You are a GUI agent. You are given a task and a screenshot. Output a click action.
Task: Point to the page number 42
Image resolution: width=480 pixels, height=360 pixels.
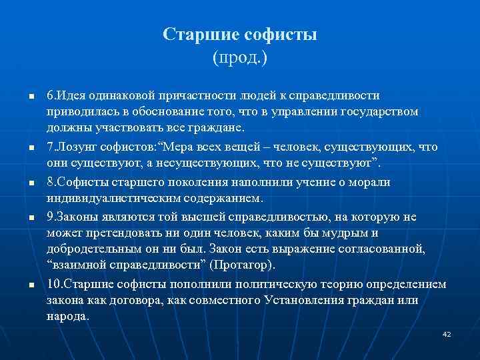pyautogui.click(x=447, y=333)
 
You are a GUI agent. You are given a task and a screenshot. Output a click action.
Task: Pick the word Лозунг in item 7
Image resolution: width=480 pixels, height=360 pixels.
pyautogui.click(x=83, y=146)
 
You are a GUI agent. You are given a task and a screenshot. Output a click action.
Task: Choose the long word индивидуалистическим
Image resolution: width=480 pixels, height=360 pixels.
pyautogui.click(x=107, y=198)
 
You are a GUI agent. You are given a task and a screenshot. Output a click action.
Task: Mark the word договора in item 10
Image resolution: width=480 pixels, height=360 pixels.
pyautogui.click(x=129, y=300)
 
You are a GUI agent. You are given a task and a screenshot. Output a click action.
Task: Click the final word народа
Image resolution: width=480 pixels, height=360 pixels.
pyautogui.click(x=67, y=316)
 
